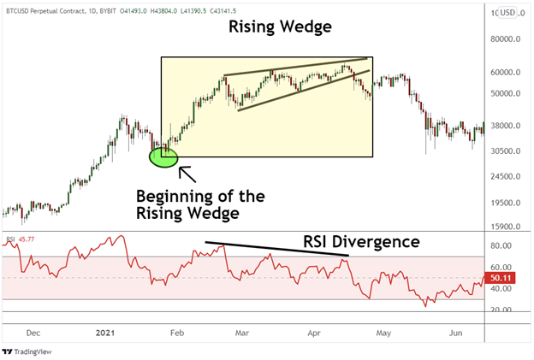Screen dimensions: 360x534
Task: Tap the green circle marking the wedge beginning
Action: click(x=163, y=156)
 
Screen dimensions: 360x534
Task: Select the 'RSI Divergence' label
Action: click(x=361, y=242)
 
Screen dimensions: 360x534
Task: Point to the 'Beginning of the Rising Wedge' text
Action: click(x=199, y=204)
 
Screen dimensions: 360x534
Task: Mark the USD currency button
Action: click(x=507, y=12)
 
